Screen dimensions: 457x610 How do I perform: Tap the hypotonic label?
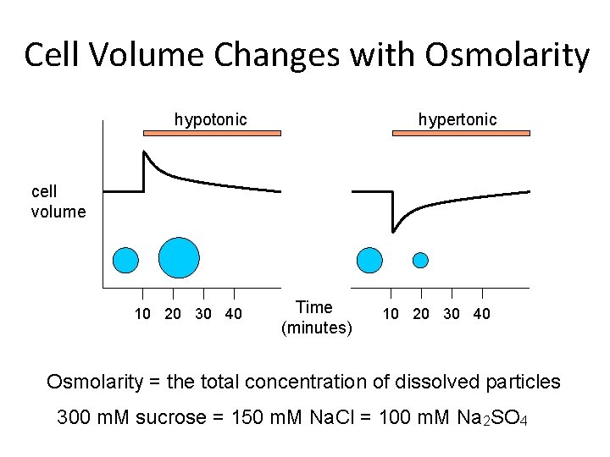point(210,119)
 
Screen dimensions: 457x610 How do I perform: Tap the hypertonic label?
point(457,119)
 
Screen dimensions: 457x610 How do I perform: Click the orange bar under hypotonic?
point(212,133)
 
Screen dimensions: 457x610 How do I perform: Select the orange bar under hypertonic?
point(461,133)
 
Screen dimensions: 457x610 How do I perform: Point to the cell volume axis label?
point(58,201)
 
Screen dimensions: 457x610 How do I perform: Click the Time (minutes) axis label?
point(316,317)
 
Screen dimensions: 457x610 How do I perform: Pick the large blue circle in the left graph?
point(179,257)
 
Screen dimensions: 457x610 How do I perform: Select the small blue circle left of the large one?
point(125,259)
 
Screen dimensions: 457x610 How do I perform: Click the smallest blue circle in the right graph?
point(420,260)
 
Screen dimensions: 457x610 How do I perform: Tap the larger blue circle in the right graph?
point(370,260)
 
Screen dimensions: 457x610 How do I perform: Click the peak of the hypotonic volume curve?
point(144,152)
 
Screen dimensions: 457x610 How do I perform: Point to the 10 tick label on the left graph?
point(143,315)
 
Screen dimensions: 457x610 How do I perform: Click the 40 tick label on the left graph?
point(233,315)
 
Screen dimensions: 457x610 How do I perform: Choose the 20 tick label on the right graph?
point(421,314)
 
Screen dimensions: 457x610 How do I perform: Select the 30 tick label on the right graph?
point(451,314)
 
